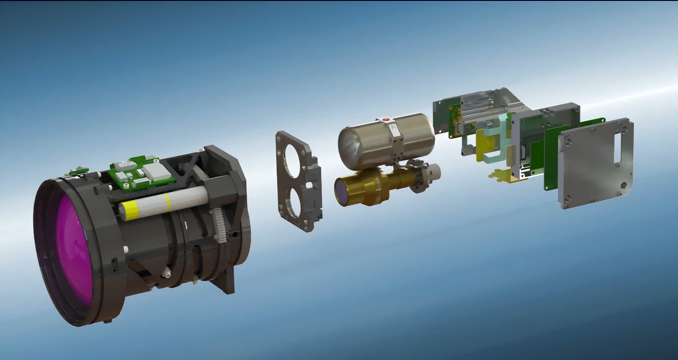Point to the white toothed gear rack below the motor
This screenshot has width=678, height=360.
(219, 225)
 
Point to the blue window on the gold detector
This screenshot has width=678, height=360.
(342, 191)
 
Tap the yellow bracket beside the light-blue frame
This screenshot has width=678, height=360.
(485, 143)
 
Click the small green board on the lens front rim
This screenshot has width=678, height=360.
(79, 171)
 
